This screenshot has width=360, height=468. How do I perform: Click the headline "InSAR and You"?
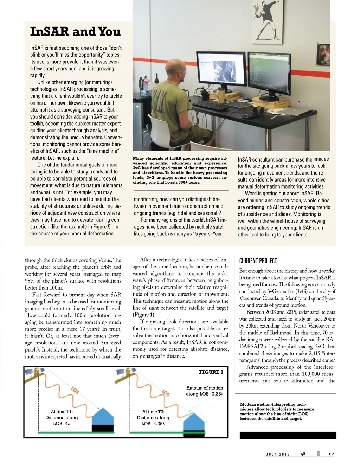tap(75, 32)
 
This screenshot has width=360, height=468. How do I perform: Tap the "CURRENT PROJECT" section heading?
tap(258, 261)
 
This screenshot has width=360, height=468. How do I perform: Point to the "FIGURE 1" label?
tap(211, 372)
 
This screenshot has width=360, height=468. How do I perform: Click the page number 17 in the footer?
tap(331, 454)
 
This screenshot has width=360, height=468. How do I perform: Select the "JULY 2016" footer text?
tap(278, 454)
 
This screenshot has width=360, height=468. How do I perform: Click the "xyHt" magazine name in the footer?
tap(303, 454)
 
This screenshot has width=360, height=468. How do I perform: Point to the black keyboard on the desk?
tap(210, 105)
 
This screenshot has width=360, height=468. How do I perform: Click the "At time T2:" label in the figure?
tap(153, 411)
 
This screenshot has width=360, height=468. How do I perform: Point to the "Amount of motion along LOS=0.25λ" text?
tap(205, 391)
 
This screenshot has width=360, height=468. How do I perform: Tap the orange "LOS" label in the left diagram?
tap(75, 390)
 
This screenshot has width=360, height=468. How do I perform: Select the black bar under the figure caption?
tap(288, 435)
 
